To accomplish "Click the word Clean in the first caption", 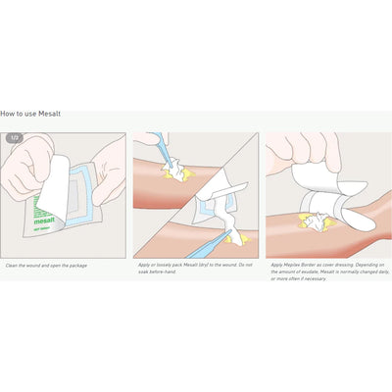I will click(x=12, y=266).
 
